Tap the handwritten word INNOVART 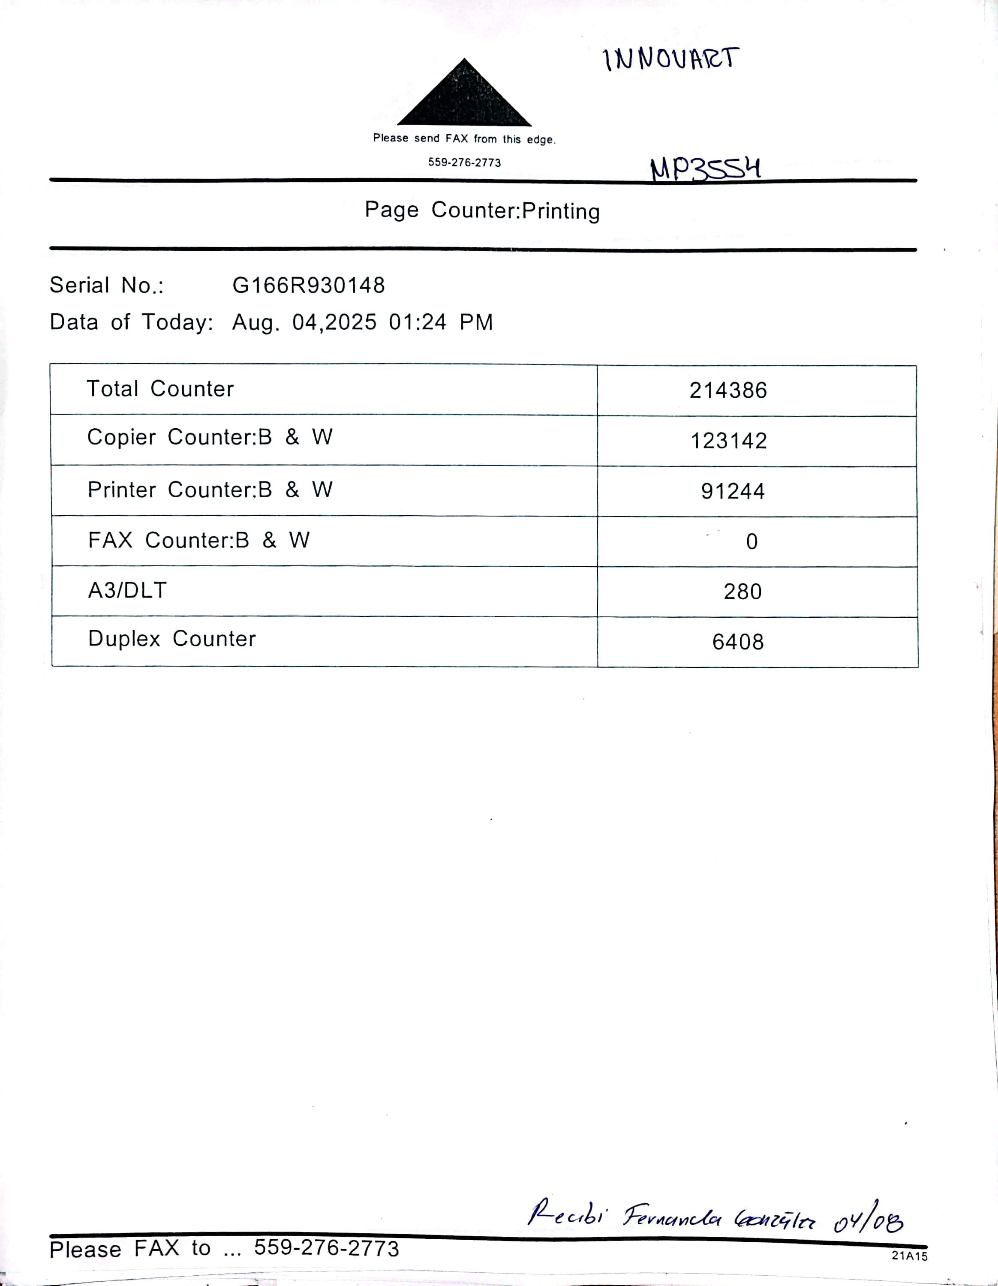(670, 59)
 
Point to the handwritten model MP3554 (705, 169)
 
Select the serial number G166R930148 (309, 285)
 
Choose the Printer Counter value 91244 (733, 491)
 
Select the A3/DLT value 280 (742, 592)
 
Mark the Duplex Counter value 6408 (738, 642)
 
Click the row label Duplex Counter (172, 639)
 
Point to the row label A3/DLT (128, 590)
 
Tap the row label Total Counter (160, 389)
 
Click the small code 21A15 (909, 1256)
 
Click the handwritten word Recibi (566, 1214)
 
